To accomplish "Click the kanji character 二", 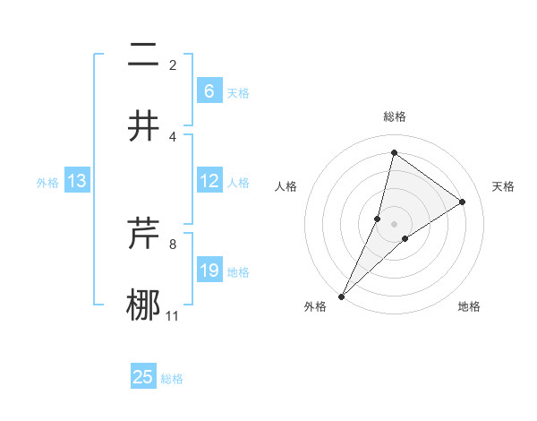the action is (143, 56).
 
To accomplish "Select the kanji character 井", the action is (143, 126).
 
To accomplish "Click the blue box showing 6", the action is (209, 90).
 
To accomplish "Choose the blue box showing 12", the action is (209, 181).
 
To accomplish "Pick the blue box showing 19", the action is (209, 271).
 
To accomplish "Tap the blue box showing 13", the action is (77, 181).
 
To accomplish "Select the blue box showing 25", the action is (143, 377).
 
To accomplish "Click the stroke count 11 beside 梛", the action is (173, 315).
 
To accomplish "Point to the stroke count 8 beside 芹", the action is (173, 244).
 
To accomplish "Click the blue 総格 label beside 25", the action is (172, 379).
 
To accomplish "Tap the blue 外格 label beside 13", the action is (47, 183).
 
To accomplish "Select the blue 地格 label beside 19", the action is (238, 272).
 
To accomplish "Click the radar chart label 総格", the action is (394, 116).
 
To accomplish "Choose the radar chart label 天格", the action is (504, 186).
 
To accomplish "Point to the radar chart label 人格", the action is (286, 186).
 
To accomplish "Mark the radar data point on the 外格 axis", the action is (341, 296).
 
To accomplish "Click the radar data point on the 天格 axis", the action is (463, 202).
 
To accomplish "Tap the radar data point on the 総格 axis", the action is (394, 153).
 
